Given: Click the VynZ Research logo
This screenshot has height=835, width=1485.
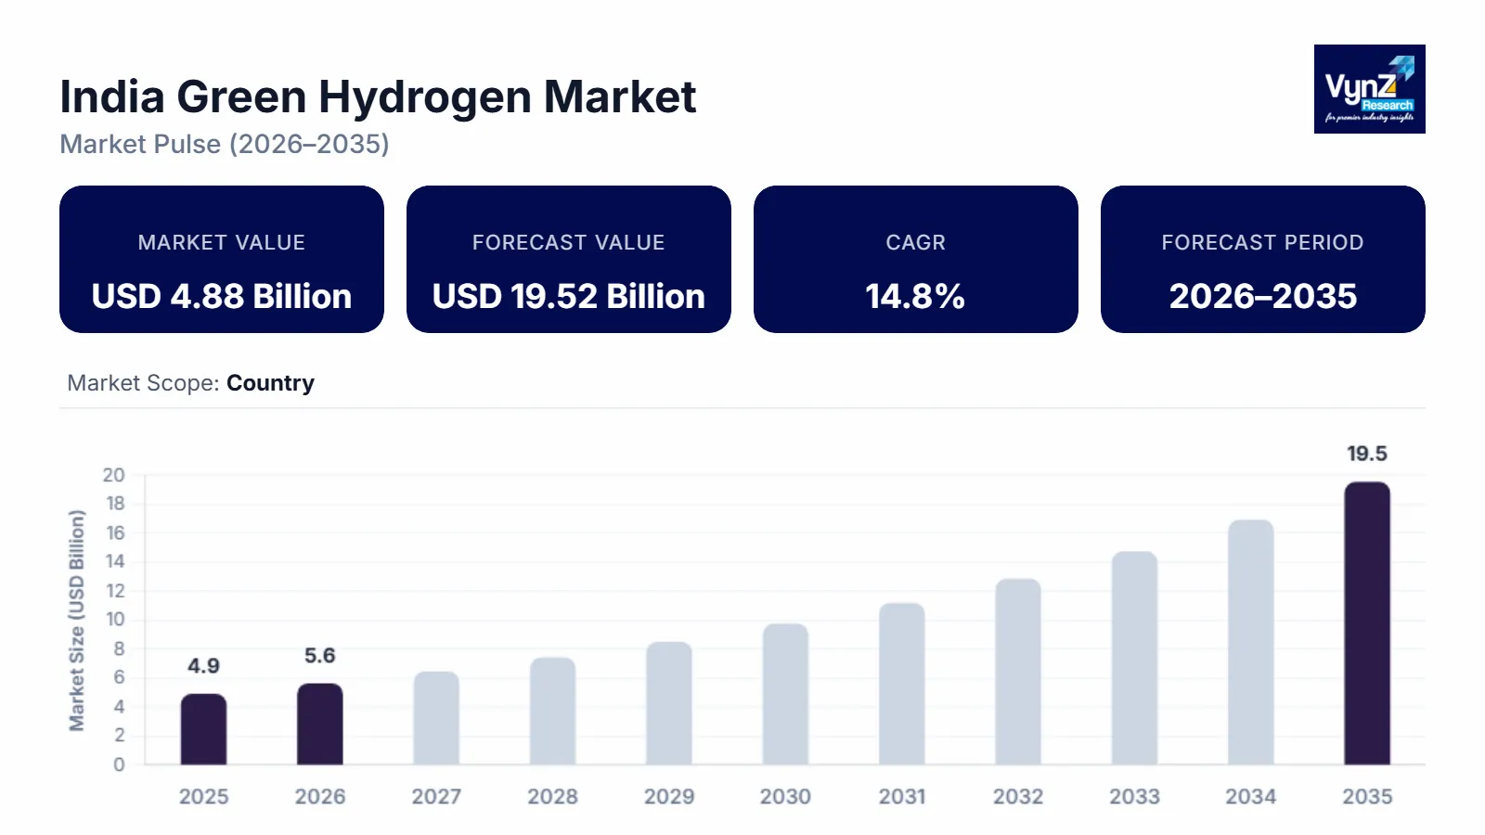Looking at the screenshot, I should click(1369, 89).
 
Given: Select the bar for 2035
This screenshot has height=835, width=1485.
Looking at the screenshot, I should click(1367, 623).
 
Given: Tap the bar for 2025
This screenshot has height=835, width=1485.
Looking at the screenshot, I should click(203, 729).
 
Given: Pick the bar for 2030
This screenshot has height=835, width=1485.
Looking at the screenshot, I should click(785, 694).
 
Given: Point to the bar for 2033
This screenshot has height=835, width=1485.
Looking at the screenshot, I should click(1134, 658).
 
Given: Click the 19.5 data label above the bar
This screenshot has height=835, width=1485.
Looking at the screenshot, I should click(1367, 454).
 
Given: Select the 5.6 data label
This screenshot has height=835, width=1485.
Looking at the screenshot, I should click(319, 656).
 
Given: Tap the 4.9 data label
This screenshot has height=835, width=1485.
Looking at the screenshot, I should click(203, 666).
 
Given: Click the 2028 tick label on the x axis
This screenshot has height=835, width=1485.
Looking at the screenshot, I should click(552, 796).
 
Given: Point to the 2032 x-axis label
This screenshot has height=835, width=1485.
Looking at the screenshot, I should click(1018, 796).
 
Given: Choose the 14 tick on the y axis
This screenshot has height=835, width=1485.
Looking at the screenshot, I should click(115, 561).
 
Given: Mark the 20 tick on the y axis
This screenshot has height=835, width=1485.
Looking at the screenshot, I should click(113, 475).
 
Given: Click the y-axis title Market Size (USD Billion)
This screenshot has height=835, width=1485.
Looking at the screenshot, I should click(77, 620).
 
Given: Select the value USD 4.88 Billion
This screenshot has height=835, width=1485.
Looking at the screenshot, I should click(222, 297).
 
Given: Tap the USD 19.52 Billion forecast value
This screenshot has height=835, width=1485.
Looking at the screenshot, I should click(568, 297).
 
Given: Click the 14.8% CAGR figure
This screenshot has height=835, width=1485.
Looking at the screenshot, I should click(915, 297).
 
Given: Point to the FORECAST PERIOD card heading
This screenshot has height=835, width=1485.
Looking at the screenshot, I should click(1262, 242).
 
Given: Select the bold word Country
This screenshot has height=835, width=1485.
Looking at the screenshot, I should click(270, 383).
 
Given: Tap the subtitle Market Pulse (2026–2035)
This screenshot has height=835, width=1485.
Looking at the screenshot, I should click(225, 145).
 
